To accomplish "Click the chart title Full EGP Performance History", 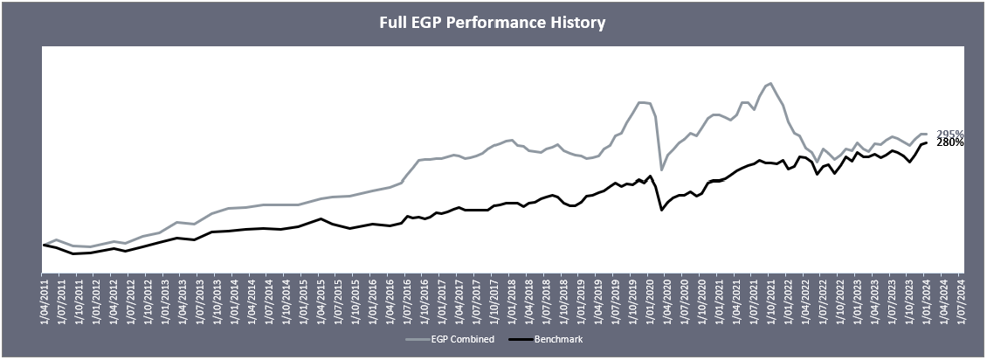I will coord(492,23).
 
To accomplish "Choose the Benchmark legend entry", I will coord(559,339).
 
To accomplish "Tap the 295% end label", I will coord(949,134).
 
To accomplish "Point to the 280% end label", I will coord(949,142).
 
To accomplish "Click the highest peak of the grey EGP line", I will coord(770,83).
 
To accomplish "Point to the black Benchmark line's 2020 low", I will coord(661,211).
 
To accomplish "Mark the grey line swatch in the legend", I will coord(417,339).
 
